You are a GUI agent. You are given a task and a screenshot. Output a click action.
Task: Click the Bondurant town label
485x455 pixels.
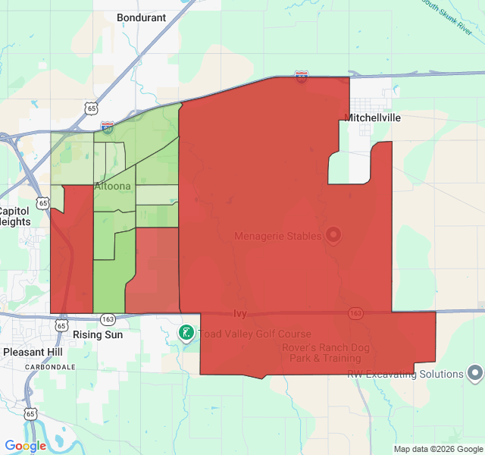tap(142, 17)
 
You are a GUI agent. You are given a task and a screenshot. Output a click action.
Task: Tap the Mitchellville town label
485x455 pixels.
tap(372, 118)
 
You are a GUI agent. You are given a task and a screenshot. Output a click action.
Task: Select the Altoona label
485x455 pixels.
tap(112, 186)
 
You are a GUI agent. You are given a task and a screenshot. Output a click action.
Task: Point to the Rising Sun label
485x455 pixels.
tap(97, 334)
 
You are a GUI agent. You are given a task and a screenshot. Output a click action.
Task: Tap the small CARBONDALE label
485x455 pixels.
tap(50, 366)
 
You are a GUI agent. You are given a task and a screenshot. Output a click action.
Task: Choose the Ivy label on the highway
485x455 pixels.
tap(240, 312)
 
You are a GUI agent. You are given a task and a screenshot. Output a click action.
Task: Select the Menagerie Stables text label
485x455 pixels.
tap(278, 236)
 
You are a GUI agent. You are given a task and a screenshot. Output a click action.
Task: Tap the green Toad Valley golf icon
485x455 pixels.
tap(185, 333)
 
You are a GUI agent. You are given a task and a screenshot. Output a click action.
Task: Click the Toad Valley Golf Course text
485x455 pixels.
tap(254, 334)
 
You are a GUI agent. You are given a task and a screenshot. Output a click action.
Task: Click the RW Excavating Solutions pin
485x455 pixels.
tap(475, 373)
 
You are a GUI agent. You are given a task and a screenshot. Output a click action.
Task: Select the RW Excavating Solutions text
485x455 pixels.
tap(405, 374)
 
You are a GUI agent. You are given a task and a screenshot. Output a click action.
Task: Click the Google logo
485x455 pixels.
tap(25, 446)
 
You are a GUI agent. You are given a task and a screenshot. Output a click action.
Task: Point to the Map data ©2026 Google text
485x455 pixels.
tap(438, 449)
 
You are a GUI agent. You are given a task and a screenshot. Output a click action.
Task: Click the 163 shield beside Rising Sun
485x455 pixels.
tap(108, 318)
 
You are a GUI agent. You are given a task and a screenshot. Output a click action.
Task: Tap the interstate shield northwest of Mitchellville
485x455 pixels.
tap(302, 77)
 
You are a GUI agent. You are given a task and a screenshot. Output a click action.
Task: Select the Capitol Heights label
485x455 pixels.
tap(15, 216)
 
